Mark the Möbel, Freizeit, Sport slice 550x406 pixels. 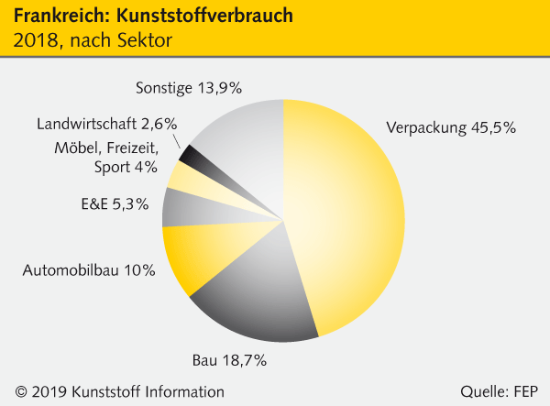click(181, 176)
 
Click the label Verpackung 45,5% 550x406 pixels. click(451, 127)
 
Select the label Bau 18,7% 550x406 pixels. click(229, 360)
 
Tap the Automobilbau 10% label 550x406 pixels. click(89, 270)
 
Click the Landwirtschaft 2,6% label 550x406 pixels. click(107, 124)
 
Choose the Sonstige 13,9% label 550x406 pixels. click(188, 88)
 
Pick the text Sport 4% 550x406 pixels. click(126, 168)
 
